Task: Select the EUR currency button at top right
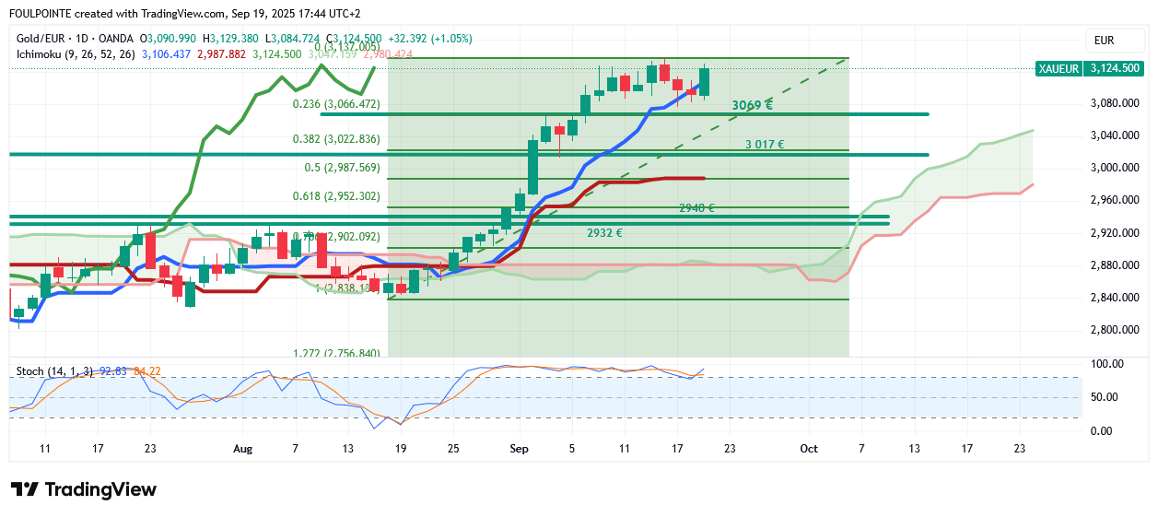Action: pyautogui.click(x=1104, y=40)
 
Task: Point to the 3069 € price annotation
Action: pyautogui.click(x=752, y=105)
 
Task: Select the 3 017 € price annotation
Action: pyautogui.click(x=765, y=145)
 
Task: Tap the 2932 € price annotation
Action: pyautogui.click(x=604, y=233)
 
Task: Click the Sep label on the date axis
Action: pyautogui.click(x=519, y=449)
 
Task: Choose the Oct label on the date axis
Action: pyautogui.click(x=808, y=449)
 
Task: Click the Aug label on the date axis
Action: pyautogui.click(x=242, y=449)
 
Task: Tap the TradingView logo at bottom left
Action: pyautogui.click(x=83, y=489)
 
